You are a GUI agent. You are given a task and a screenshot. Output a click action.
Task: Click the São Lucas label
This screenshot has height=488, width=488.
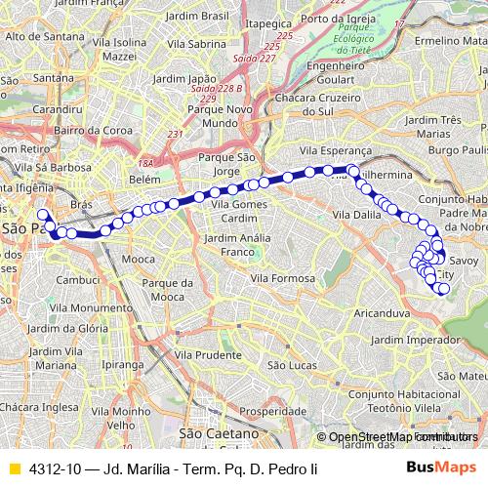click(288, 364)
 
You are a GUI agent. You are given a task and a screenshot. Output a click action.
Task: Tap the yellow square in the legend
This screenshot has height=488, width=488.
click(14, 467)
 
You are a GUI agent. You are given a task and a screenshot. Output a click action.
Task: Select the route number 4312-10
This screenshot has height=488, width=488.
click(53, 467)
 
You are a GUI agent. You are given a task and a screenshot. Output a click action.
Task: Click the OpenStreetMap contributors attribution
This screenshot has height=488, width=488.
click(401, 437)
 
